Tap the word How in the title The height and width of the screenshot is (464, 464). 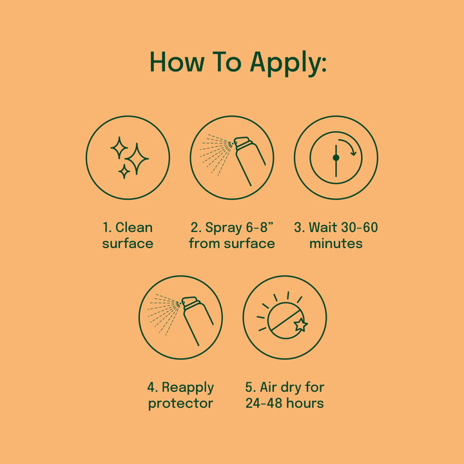pyautogui.click(x=177, y=62)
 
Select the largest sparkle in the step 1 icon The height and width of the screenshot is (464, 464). pyautogui.click(x=137, y=159)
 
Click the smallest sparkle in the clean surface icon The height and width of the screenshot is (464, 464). pyautogui.click(x=124, y=171)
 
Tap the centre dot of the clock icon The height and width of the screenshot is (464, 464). pyautogui.click(x=336, y=157)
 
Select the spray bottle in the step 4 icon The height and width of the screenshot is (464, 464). pyautogui.click(x=197, y=319)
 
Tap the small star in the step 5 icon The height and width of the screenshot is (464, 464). pyautogui.click(x=301, y=325)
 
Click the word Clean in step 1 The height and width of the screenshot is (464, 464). pyautogui.click(x=134, y=227)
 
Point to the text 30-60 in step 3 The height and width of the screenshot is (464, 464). pyautogui.click(x=359, y=227)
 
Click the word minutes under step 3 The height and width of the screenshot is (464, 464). pyautogui.click(x=336, y=244)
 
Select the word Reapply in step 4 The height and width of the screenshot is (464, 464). pyautogui.click(x=188, y=388)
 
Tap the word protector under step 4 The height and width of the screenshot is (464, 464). pyautogui.click(x=180, y=404)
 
